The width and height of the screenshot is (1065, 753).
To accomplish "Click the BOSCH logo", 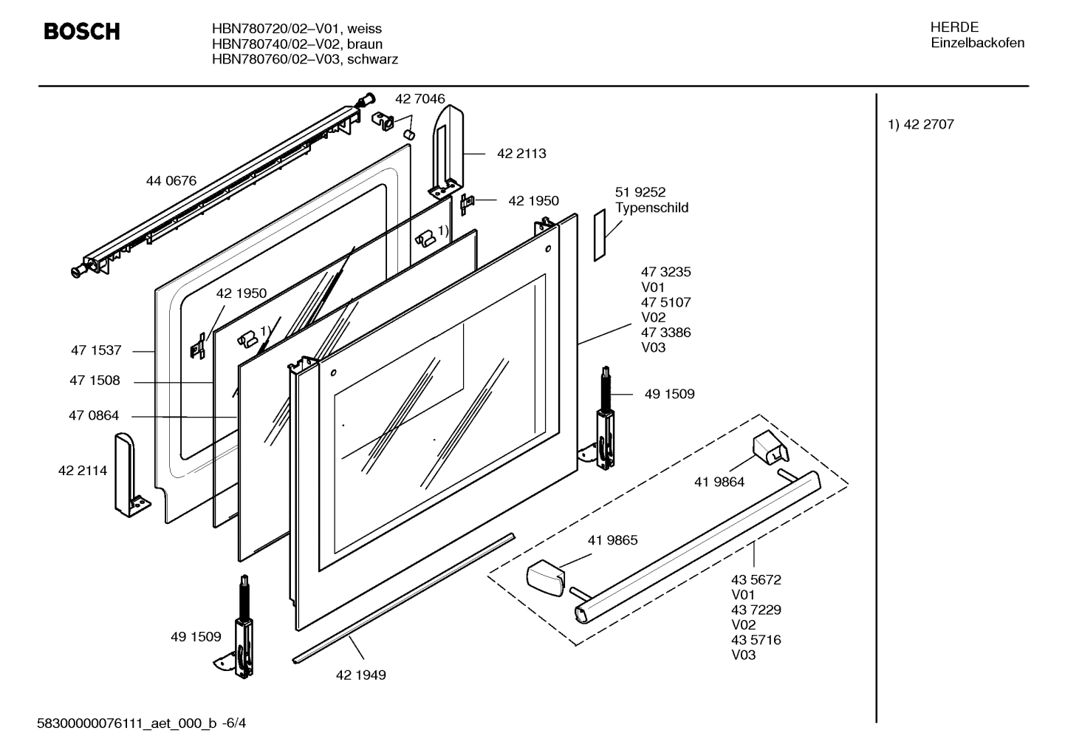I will [81, 32].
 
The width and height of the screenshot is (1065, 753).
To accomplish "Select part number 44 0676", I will [171, 180].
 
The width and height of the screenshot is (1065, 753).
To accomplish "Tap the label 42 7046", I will [420, 99].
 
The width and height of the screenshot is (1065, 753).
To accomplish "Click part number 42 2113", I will [521, 154].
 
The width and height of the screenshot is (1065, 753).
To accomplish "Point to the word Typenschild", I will [651, 208].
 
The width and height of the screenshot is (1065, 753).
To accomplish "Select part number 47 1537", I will [95, 351].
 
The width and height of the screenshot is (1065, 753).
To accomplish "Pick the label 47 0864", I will [94, 416].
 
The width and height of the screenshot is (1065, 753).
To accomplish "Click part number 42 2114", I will [82, 471].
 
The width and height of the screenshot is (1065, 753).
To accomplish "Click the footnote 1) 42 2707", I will [920, 125].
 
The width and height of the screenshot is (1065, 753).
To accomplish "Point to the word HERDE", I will [954, 27].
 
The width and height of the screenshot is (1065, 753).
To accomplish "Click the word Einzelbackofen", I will [977, 43].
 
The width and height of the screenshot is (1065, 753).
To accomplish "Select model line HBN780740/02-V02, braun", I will [297, 44].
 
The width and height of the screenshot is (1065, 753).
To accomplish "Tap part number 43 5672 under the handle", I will [756, 580].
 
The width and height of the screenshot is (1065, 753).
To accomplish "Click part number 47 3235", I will [665, 272].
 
